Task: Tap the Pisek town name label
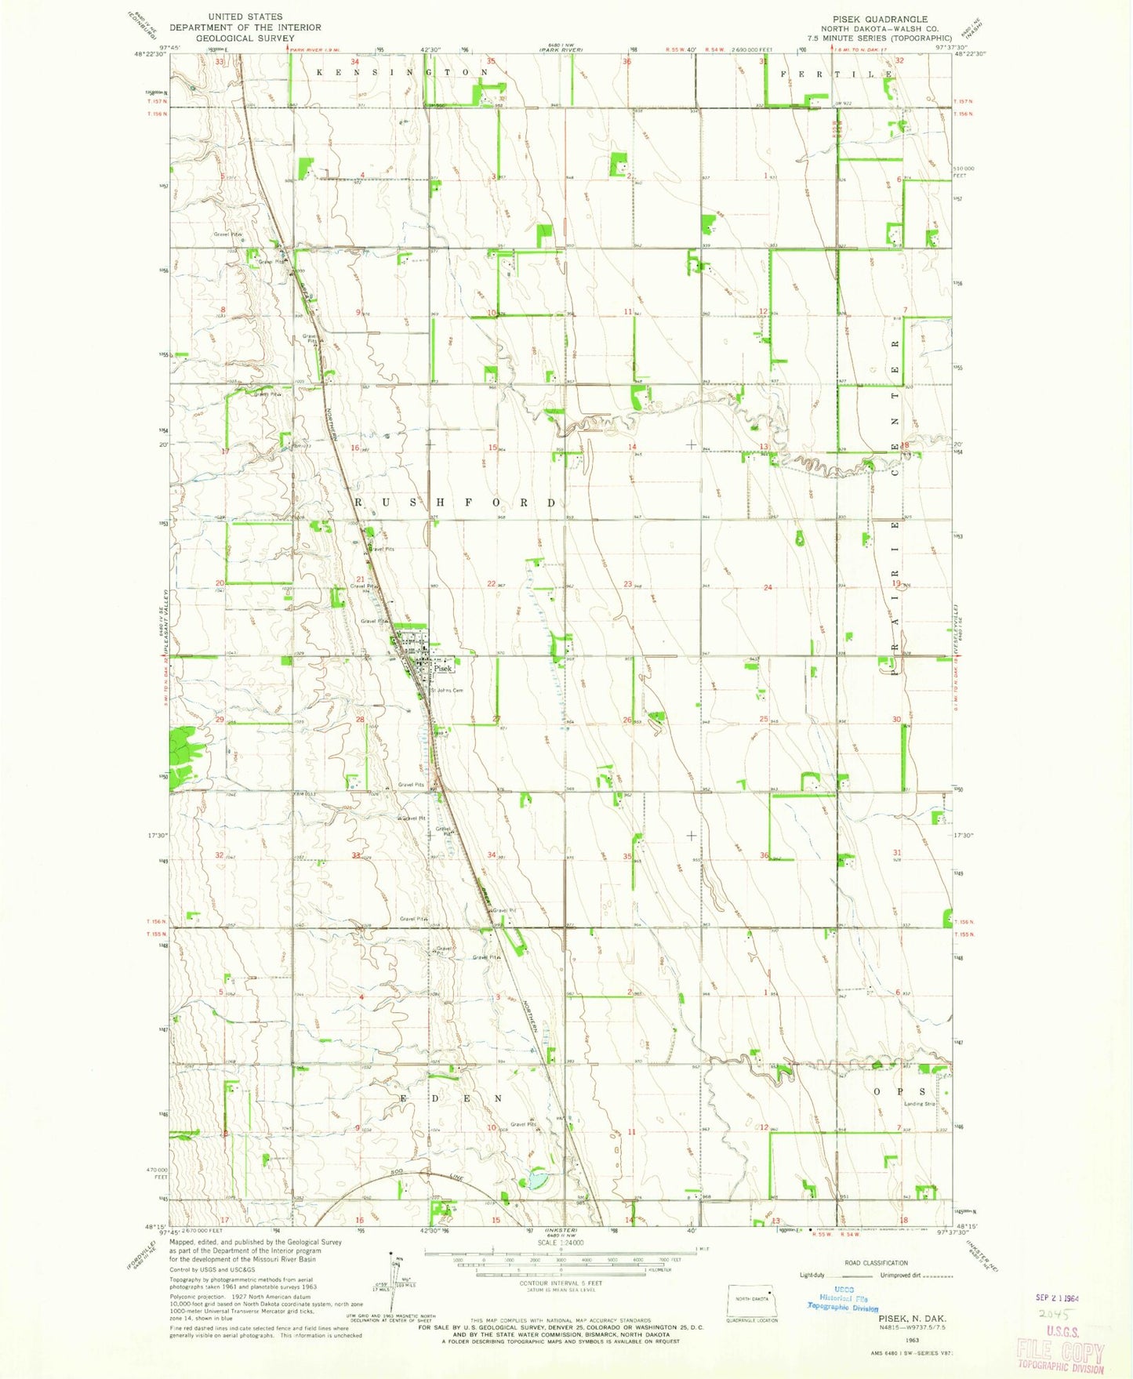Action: [x=444, y=669]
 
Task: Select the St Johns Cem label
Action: [x=447, y=691]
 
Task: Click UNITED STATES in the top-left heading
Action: [x=245, y=16]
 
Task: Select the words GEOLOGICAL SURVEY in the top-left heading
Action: [x=245, y=38]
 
